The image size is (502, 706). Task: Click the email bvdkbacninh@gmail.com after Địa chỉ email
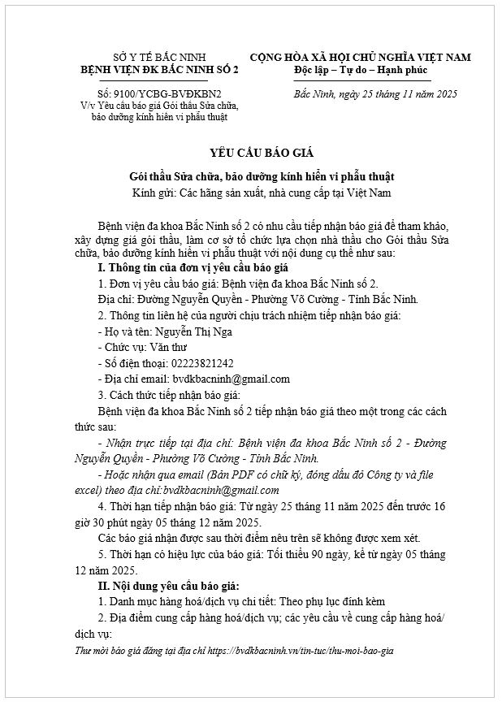232,379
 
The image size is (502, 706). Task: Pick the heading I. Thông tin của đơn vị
191,267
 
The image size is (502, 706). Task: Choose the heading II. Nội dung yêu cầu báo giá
168,585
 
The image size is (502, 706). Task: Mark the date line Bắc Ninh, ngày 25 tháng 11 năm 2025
375,94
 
